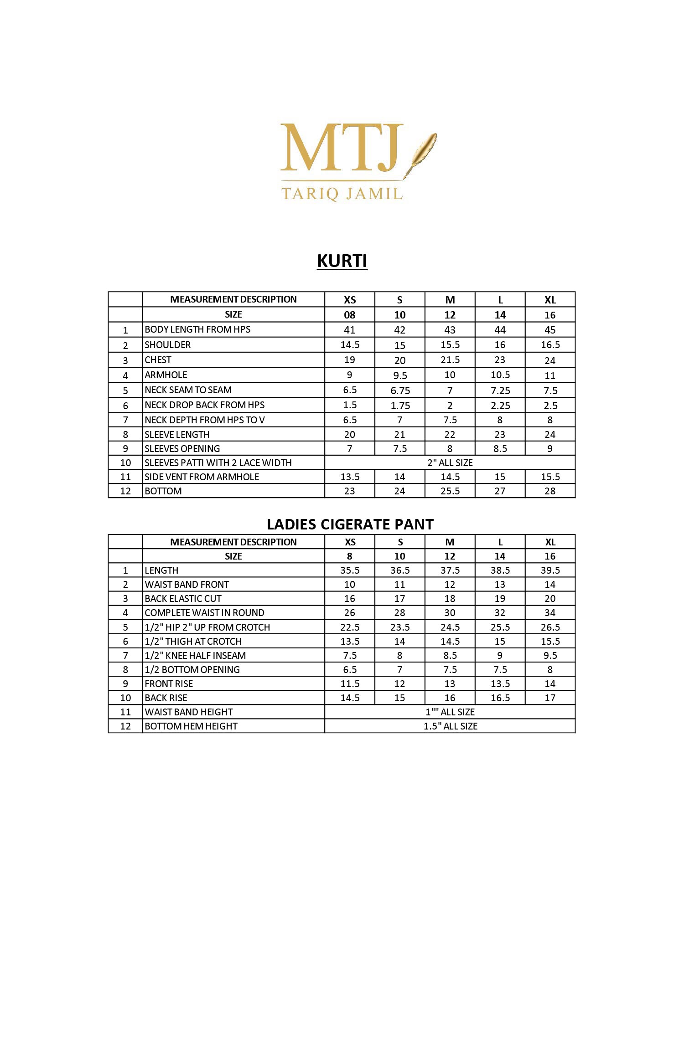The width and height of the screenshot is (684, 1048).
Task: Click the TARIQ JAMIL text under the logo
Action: click(x=342, y=194)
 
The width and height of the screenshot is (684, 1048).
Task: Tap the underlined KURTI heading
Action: click(x=342, y=261)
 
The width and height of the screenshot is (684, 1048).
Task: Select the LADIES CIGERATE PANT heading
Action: click(x=350, y=524)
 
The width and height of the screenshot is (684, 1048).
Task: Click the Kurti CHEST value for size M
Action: click(x=450, y=360)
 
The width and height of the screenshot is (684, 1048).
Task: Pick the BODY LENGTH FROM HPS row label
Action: click(x=197, y=329)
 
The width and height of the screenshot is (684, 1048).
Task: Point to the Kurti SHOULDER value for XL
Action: click(x=550, y=345)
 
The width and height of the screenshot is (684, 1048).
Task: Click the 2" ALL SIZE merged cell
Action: click(x=450, y=463)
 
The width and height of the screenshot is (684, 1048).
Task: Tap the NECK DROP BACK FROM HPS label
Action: click(x=204, y=405)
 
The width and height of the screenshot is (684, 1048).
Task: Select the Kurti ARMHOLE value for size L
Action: click(x=500, y=375)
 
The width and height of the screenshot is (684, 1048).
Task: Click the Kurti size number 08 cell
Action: click(x=350, y=315)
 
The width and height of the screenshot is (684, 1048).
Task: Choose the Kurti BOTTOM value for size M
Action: click(x=450, y=491)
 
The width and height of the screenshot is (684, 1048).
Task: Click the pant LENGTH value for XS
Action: click(x=350, y=570)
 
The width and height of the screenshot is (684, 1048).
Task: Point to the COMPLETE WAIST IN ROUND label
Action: click(x=204, y=613)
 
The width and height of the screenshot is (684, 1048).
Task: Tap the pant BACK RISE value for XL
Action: click(x=550, y=698)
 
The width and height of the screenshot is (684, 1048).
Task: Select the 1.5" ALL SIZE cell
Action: click(x=450, y=726)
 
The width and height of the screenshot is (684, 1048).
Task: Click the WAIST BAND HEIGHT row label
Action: click(x=188, y=712)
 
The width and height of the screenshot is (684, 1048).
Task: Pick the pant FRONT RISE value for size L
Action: click(x=500, y=684)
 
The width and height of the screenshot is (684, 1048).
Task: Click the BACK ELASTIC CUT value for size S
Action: click(x=400, y=599)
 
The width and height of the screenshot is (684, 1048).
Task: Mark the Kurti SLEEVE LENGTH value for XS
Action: click(x=350, y=435)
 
